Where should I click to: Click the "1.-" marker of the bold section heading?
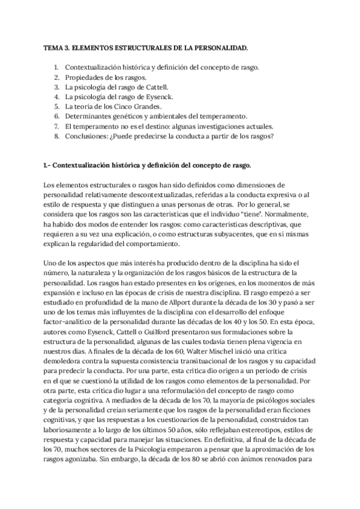pos(50,164)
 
